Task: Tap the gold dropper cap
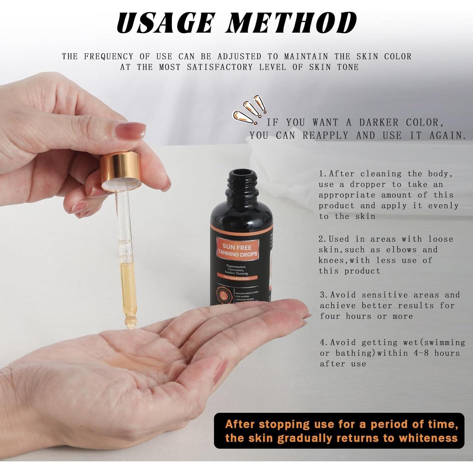(120, 170)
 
